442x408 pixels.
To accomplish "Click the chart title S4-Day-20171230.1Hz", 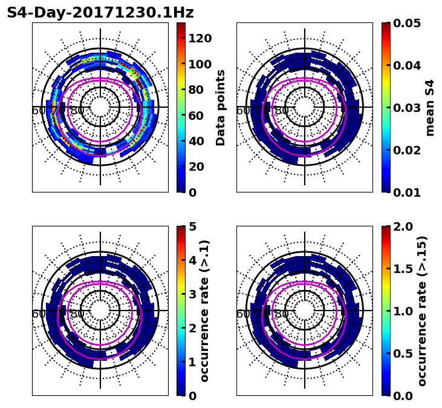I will (100, 13).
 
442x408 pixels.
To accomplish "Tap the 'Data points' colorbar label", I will (221, 108).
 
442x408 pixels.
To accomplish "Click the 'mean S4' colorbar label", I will (430, 108).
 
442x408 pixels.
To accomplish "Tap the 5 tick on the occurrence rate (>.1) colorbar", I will (193, 226).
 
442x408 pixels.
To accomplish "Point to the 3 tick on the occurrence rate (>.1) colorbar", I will (193, 294).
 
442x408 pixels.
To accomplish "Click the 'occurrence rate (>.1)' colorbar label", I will (205, 311).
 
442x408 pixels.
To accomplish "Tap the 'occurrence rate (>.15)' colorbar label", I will (422, 311).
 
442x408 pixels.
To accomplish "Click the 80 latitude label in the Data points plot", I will (77, 111).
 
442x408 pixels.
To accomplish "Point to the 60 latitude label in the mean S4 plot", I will (242, 111).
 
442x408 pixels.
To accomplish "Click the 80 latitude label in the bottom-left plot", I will (77, 314).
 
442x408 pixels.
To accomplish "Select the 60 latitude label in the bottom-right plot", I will (242, 314).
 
